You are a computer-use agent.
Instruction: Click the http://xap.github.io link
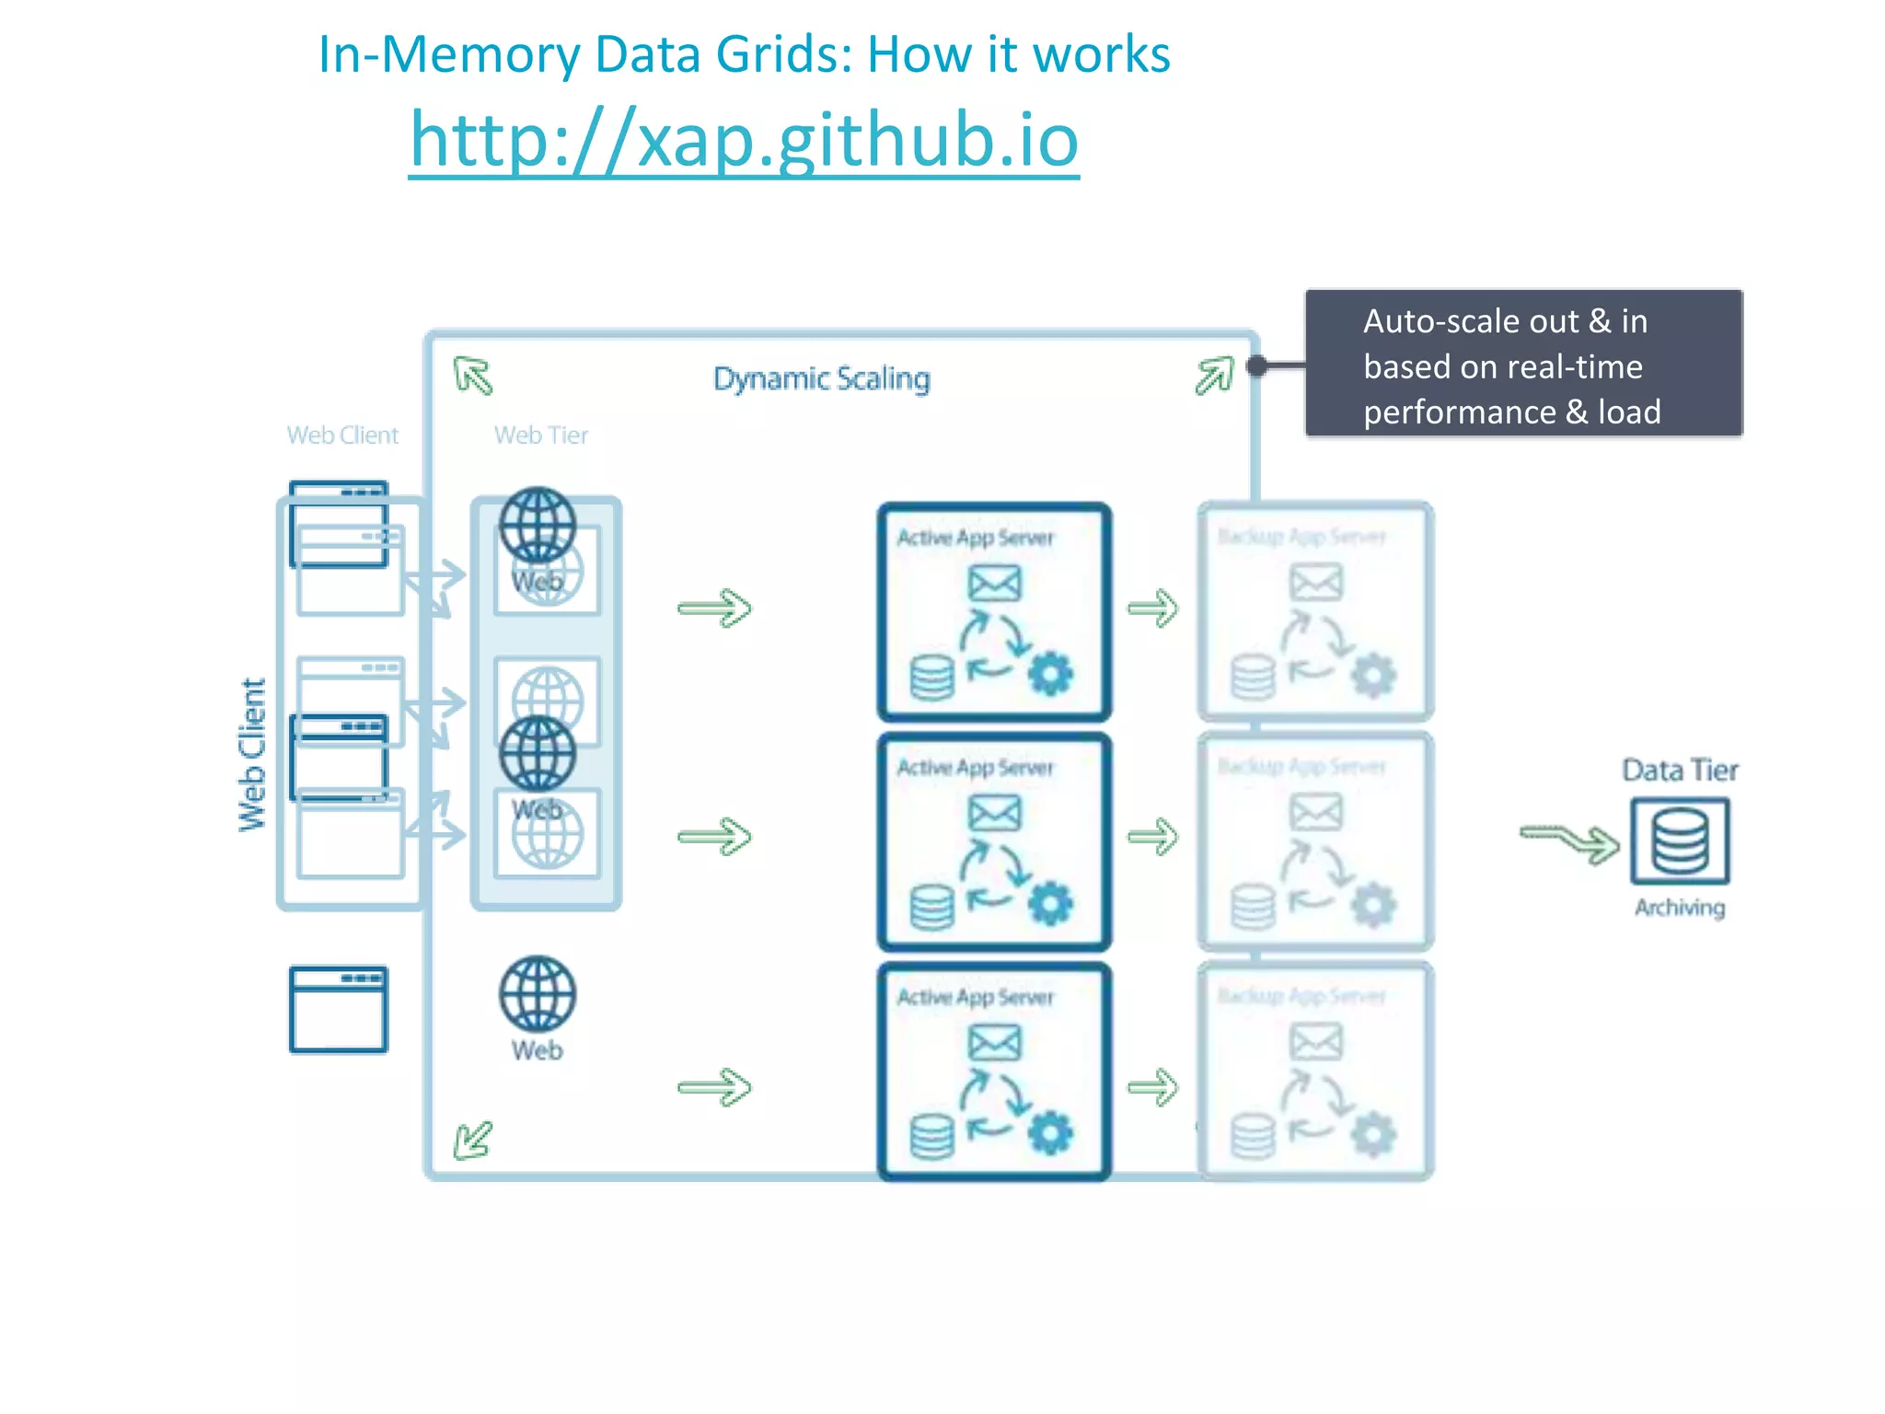point(744,141)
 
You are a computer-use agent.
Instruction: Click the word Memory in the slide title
point(480,54)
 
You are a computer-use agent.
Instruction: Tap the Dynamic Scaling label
point(821,378)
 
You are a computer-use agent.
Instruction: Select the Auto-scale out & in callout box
point(1523,364)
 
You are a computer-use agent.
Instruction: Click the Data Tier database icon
point(1680,841)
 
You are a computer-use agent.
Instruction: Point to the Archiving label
point(1680,908)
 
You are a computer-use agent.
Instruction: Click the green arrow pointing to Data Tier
point(1570,841)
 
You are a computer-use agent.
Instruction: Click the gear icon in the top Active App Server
point(1050,675)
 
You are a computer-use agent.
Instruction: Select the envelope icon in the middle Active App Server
point(994,813)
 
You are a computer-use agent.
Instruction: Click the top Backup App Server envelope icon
point(1315,583)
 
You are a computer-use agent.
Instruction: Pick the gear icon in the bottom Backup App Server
point(1372,1136)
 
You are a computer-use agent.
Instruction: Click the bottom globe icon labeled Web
point(538,994)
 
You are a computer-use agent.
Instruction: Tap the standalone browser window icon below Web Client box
point(339,1009)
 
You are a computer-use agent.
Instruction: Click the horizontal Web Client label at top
point(342,435)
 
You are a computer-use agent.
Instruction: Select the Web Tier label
point(540,435)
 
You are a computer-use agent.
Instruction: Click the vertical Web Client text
point(251,755)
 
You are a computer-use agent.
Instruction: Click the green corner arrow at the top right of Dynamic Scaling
point(1214,375)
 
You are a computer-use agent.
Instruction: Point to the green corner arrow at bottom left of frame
point(473,1140)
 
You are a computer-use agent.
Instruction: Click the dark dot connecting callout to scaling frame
point(1256,365)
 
